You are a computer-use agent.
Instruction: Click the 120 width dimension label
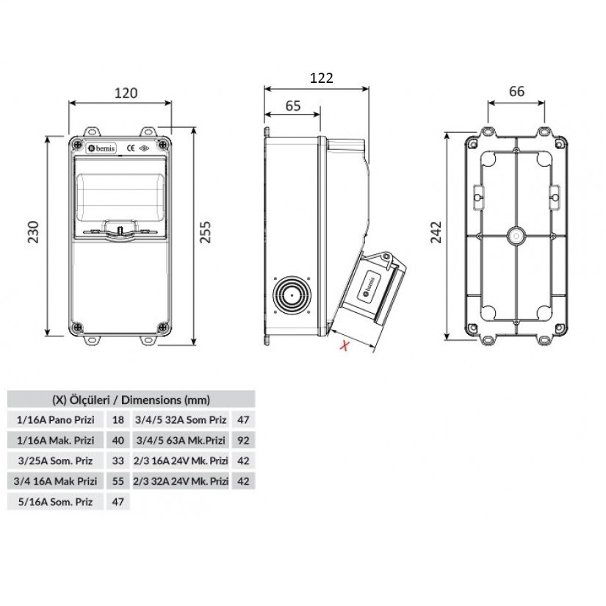[x=126, y=93]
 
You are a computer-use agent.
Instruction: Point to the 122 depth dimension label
[x=322, y=78]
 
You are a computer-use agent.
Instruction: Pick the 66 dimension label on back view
[x=516, y=91]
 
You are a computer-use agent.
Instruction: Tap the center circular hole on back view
[x=516, y=237]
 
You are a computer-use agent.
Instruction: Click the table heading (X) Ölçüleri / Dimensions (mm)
[x=131, y=400]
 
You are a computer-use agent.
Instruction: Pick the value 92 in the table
[x=243, y=441]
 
